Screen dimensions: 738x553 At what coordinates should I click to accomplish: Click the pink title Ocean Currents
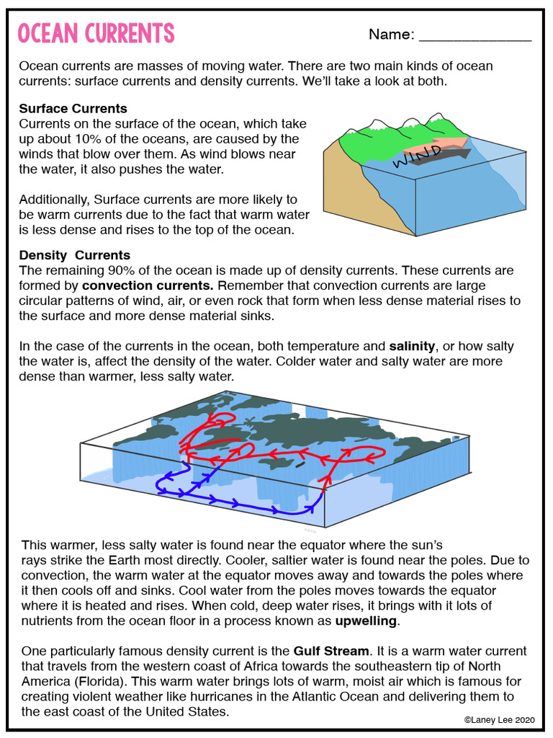coord(95,33)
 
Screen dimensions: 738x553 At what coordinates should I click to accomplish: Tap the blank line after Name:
coord(475,35)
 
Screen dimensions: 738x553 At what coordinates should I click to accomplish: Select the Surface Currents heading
coord(73,109)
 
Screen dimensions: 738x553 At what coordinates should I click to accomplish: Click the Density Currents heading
coord(74,255)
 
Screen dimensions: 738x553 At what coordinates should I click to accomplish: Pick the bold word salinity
coord(413,347)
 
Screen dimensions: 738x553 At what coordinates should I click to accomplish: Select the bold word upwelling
coord(366,621)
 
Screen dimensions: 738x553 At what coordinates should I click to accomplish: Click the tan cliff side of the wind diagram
coord(346,187)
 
